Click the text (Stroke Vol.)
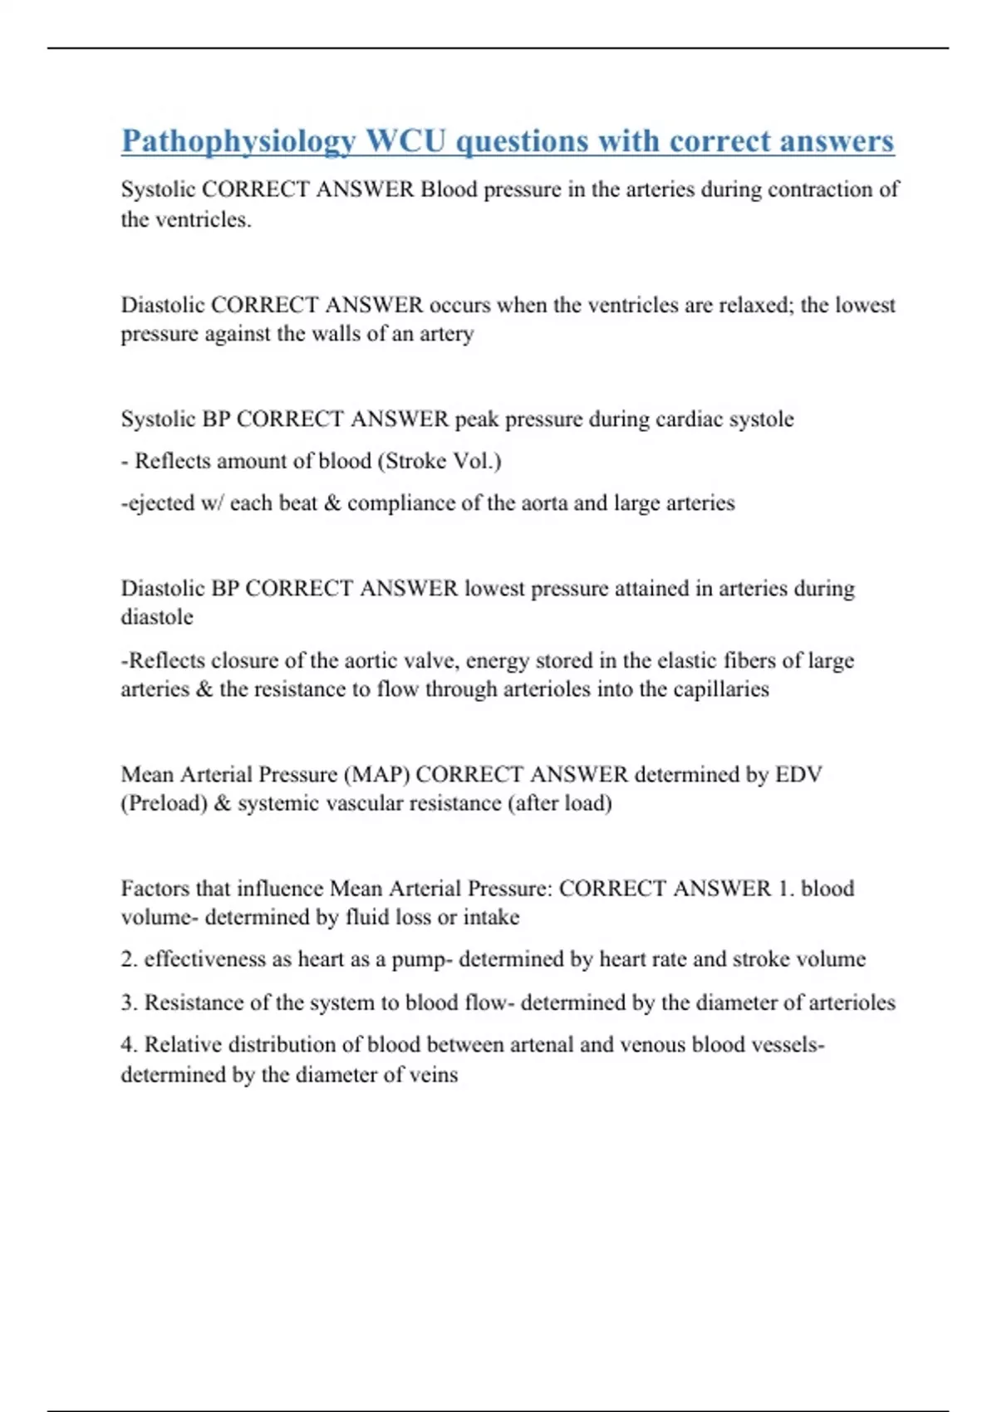(x=440, y=461)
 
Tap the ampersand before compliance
(x=332, y=503)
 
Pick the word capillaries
(x=720, y=689)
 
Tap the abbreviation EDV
(x=798, y=775)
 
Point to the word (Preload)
(x=164, y=804)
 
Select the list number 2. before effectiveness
(x=129, y=959)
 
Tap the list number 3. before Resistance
(x=129, y=1003)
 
